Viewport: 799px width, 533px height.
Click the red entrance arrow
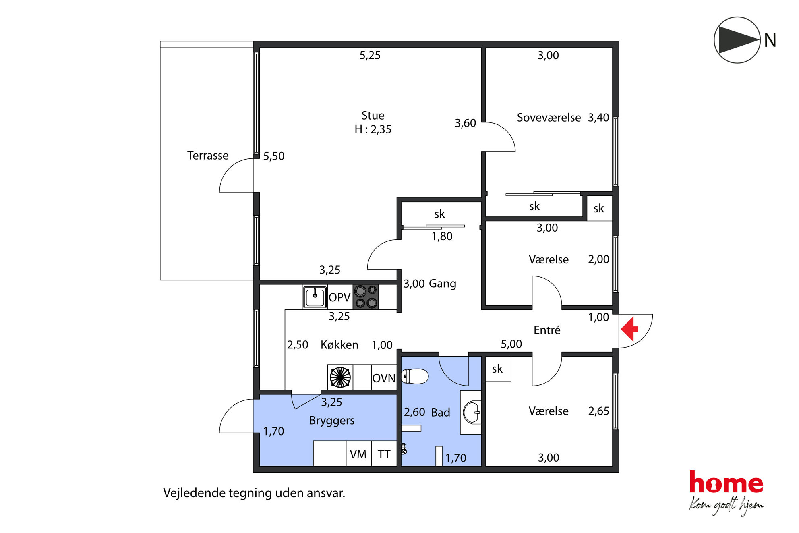point(630,329)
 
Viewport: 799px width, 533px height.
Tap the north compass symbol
point(737,40)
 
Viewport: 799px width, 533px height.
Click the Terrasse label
point(208,156)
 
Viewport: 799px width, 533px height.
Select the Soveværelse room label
point(549,118)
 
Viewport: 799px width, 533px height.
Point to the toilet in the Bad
point(415,377)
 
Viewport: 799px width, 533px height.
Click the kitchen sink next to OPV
point(315,297)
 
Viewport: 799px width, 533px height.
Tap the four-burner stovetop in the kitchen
point(366,297)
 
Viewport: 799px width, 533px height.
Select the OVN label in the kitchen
point(384,378)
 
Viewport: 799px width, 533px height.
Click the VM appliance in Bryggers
point(358,454)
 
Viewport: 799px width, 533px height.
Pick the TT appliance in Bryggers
point(384,454)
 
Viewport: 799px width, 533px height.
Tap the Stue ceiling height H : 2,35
point(373,129)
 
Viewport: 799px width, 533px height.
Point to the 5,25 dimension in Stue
point(370,55)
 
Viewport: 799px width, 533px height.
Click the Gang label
point(443,284)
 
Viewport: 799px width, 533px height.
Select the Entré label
point(547,330)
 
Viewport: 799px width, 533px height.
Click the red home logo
point(726,482)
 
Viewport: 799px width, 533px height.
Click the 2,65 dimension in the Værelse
point(599,411)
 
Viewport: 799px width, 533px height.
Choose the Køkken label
point(339,345)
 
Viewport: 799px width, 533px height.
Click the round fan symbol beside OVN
point(340,377)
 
